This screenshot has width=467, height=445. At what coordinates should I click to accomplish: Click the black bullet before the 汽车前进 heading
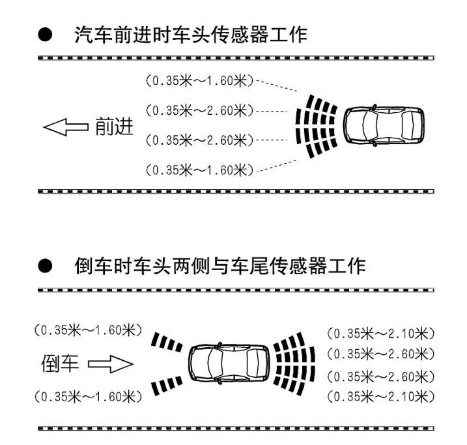(x=45, y=35)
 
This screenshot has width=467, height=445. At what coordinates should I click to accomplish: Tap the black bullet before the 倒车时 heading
(x=45, y=266)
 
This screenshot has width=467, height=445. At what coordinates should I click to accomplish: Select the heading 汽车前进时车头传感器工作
(x=191, y=35)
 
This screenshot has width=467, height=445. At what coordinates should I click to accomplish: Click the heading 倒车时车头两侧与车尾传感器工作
(x=219, y=266)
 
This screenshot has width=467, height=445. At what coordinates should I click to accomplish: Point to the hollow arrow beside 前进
(x=66, y=127)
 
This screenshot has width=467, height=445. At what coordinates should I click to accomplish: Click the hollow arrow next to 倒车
(x=111, y=364)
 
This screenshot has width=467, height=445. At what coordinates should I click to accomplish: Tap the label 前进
(x=114, y=127)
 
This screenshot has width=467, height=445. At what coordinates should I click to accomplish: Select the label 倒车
(x=60, y=363)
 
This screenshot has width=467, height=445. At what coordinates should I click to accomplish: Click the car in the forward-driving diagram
(x=384, y=125)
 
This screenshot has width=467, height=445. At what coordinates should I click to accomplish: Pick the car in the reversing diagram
(x=229, y=363)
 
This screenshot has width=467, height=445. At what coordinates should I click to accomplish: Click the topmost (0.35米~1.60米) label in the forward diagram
(x=199, y=81)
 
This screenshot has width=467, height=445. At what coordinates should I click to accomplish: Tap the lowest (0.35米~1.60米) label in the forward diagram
(x=199, y=170)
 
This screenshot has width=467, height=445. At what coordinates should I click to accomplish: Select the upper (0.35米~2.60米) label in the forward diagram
(x=199, y=110)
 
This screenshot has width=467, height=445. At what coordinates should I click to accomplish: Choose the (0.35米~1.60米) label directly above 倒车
(x=88, y=330)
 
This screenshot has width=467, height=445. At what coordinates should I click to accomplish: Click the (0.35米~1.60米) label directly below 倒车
(x=88, y=397)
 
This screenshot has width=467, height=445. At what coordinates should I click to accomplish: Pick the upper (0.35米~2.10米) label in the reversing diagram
(x=381, y=333)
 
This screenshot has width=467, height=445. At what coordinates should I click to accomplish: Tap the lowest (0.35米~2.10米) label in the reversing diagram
(x=381, y=397)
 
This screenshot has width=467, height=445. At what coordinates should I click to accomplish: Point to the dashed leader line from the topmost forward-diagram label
(x=277, y=85)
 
